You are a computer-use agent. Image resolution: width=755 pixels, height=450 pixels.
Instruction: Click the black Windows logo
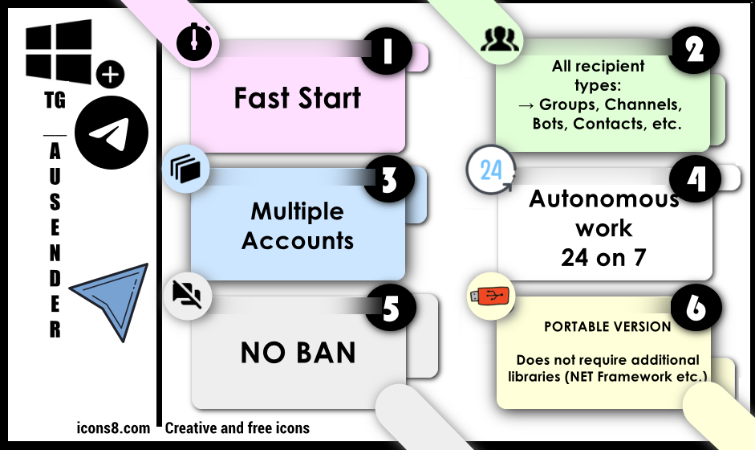[x=59, y=51]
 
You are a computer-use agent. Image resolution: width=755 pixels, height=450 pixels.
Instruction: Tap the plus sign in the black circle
[x=110, y=75]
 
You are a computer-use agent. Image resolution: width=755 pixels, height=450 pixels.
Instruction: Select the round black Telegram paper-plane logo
[x=112, y=133]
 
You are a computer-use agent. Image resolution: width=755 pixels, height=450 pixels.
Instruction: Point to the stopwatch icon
[x=194, y=43]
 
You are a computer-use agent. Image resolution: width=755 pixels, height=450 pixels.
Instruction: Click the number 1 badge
[x=386, y=50]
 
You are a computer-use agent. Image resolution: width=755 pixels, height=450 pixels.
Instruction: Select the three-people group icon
[x=501, y=39]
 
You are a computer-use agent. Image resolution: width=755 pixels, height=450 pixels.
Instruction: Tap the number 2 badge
[x=694, y=50]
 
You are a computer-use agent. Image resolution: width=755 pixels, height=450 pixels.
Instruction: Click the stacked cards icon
[x=185, y=169]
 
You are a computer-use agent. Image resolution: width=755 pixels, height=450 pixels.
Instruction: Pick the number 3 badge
[x=389, y=178]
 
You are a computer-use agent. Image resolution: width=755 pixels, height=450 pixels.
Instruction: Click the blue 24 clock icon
[x=491, y=170]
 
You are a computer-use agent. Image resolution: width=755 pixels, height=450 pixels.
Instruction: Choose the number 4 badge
[x=696, y=179]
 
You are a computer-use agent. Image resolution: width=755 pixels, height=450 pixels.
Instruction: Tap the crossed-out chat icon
[x=187, y=295]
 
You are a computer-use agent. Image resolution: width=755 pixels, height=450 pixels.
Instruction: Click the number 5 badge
[x=391, y=307]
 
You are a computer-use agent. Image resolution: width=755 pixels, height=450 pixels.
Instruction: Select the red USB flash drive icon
[x=489, y=296]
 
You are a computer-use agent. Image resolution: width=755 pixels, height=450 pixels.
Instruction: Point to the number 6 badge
[x=696, y=307]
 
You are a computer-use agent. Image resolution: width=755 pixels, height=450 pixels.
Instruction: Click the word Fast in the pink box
[x=262, y=98]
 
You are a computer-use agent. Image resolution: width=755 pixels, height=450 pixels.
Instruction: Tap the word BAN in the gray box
[x=326, y=353]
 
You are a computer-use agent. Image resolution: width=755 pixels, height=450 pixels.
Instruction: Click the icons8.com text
[x=113, y=427]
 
